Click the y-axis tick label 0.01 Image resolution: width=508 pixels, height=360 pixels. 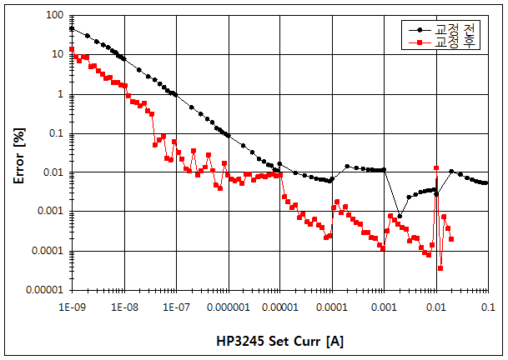click(54, 172)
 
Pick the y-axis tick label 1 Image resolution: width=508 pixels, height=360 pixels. click(63, 94)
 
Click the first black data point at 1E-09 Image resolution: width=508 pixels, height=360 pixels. click(72, 28)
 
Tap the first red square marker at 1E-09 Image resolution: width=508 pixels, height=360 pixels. click(72, 49)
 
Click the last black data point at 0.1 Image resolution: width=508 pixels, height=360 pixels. click(487, 182)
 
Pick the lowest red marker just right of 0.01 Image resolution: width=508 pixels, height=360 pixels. click(440, 268)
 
